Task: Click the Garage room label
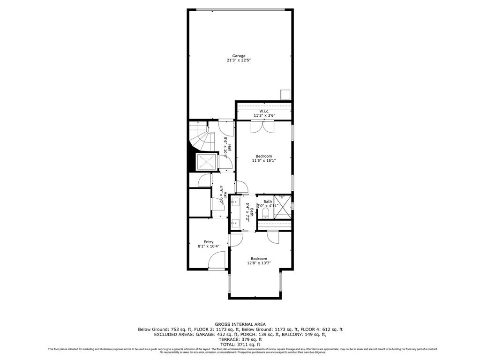(239, 56)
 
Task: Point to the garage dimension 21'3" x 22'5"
(239, 60)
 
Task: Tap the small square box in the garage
(285, 94)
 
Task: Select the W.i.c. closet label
(264, 111)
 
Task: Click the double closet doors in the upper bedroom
(262, 127)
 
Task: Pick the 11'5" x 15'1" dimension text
(263, 161)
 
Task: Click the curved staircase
(199, 138)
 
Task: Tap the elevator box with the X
(207, 162)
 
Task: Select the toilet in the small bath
(266, 213)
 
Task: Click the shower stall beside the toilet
(283, 207)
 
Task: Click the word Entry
(208, 242)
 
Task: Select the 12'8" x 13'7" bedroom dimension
(259, 263)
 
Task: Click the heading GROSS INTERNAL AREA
(240, 324)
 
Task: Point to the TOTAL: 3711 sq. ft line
(240, 344)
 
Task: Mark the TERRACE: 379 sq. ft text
(240, 339)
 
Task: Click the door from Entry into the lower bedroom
(235, 240)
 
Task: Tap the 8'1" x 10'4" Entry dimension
(208, 247)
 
